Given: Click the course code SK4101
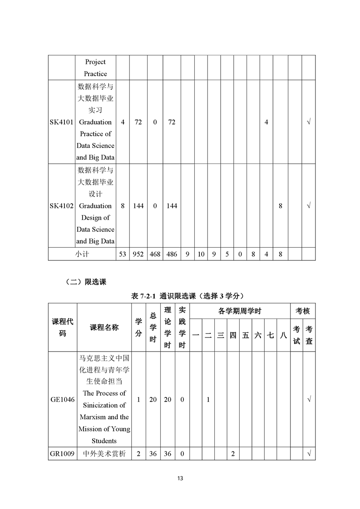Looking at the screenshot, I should point(62,122).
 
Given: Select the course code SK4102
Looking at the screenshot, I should point(62,206).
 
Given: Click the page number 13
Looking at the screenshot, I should point(180,478).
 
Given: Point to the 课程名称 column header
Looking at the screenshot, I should point(104,328).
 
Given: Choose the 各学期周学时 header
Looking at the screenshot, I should point(239,311).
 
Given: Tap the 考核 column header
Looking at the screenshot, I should point(303,311).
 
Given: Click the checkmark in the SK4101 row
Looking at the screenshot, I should point(309,122).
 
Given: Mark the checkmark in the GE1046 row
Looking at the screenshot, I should point(309,400).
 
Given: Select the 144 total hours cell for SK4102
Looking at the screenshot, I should point(138,206).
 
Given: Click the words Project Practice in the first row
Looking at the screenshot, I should point(95,68).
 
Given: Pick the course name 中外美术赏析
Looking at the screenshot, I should point(104,454).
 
